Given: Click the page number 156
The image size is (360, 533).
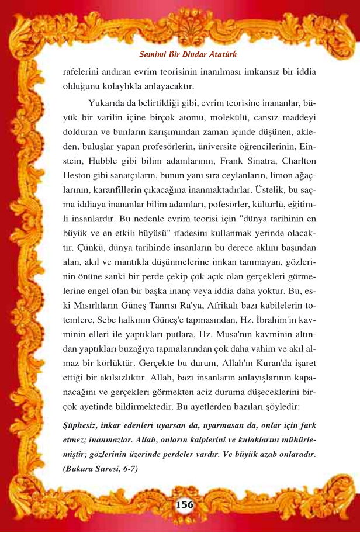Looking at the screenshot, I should tap(185, 504).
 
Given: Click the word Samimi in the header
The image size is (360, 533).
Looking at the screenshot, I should tap(153, 54).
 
